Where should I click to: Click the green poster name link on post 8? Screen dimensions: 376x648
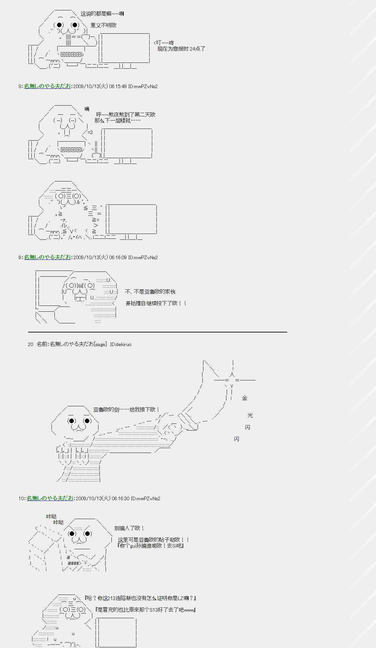point(47,86)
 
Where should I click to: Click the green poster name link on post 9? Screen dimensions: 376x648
point(47,257)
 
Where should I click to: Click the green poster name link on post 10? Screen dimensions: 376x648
point(50,498)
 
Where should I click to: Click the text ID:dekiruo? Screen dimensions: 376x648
point(121,344)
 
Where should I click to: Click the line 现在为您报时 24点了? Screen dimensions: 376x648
point(181,49)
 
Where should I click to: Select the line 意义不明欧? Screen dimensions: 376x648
point(103,25)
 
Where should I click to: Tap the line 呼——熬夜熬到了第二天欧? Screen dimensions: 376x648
point(126,115)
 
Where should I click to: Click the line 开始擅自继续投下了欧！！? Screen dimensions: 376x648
point(156,303)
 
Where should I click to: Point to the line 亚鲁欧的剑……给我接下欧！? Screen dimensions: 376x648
point(126,410)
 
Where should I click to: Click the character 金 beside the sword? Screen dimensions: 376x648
point(245,398)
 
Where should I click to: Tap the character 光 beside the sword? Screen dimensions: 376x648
point(250,415)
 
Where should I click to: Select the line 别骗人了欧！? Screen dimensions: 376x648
point(129,528)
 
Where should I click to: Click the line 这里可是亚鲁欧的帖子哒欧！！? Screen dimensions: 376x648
point(154,540)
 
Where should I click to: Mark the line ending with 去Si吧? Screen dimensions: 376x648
point(151,546)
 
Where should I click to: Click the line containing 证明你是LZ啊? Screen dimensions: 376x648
point(140,598)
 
